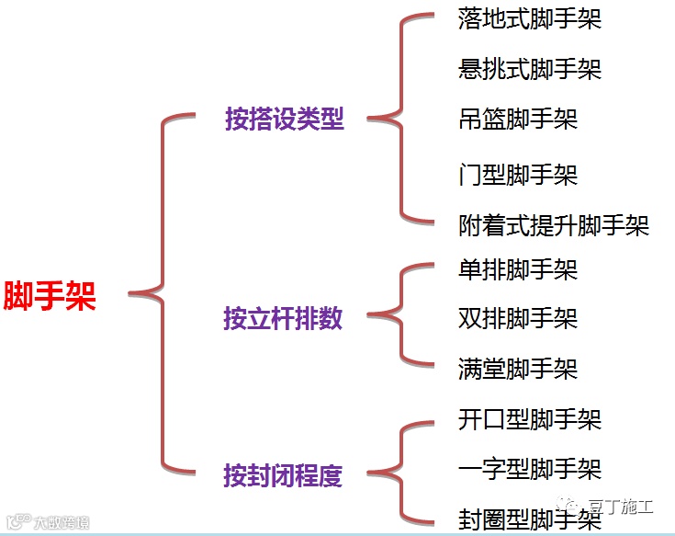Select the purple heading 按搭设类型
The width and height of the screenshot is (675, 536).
[285, 119]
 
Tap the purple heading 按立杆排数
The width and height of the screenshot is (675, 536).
[283, 318]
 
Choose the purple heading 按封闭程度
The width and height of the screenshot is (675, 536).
[283, 475]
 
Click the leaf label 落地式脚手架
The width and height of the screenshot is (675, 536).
[529, 19]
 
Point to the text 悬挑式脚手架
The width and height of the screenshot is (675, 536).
[529, 69]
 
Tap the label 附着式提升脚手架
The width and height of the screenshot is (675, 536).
[553, 225]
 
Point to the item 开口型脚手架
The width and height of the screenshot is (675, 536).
[529, 420]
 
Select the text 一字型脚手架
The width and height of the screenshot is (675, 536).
[529, 469]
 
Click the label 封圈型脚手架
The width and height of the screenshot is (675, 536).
[529, 520]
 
